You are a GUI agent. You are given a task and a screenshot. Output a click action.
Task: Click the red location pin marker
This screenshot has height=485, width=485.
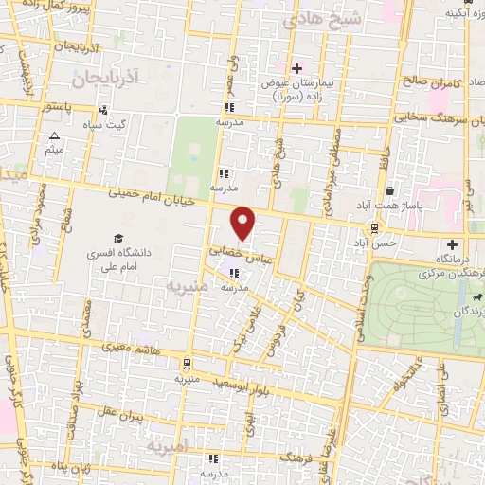[243, 223]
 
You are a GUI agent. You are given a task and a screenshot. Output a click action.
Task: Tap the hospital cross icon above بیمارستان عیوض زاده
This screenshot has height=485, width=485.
[296, 68]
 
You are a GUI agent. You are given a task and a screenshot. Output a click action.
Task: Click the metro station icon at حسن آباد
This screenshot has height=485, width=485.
[375, 227]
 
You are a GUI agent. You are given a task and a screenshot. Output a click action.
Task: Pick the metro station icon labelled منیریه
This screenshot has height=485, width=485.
[188, 362]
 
